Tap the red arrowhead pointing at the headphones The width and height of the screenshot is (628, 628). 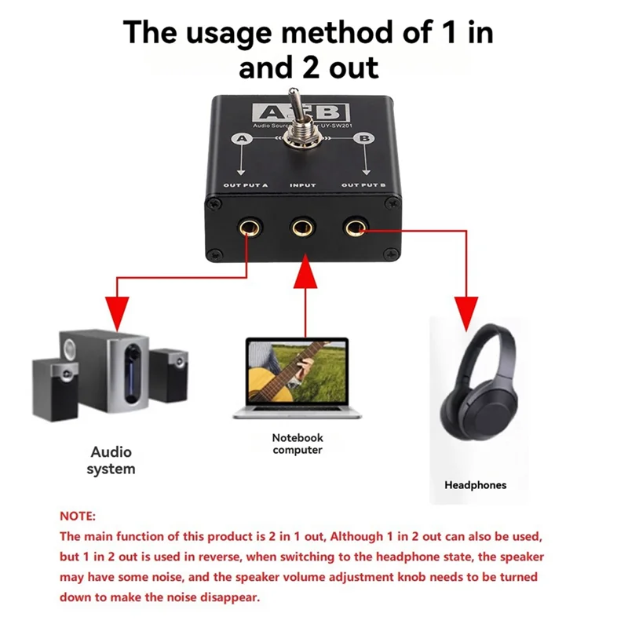[466, 309]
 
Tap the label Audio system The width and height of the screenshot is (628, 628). [111, 461]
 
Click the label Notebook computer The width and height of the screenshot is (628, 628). [298, 444]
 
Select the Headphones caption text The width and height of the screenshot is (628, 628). [476, 485]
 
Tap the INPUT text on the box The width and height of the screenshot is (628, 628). [303, 185]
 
